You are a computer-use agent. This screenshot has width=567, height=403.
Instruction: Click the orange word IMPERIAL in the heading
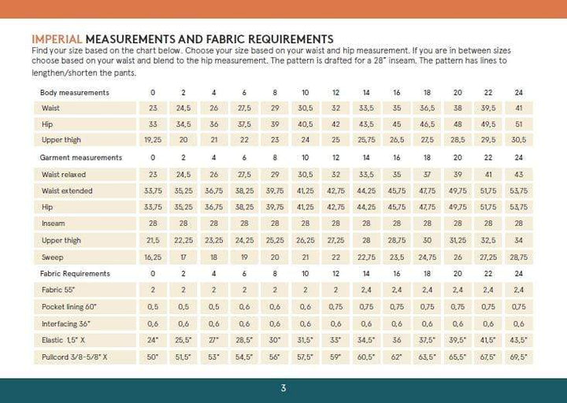click(x=56, y=39)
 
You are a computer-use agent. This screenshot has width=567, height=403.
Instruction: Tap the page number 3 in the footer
click(x=283, y=388)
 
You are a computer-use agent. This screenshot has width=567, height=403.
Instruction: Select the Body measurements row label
click(x=75, y=93)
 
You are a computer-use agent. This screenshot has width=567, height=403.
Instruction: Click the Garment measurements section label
click(x=81, y=157)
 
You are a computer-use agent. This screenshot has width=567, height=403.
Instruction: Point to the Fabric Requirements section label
click(x=76, y=273)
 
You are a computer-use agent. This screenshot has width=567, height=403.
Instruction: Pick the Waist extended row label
click(x=67, y=190)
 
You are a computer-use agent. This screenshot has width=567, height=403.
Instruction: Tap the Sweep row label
click(x=52, y=257)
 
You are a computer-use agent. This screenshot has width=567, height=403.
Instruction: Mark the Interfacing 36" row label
click(x=66, y=323)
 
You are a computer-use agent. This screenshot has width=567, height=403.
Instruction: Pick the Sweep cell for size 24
click(x=518, y=257)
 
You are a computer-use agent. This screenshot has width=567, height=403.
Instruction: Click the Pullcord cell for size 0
click(x=153, y=357)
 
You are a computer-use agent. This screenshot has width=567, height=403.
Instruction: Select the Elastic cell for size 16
click(x=396, y=340)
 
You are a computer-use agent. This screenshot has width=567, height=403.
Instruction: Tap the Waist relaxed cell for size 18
click(x=427, y=174)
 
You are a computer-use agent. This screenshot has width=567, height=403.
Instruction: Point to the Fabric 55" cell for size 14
click(x=366, y=290)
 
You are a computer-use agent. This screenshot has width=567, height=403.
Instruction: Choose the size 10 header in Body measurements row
click(x=305, y=93)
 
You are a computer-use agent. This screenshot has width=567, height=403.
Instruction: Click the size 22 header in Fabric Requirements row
click(x=487, y=273)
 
